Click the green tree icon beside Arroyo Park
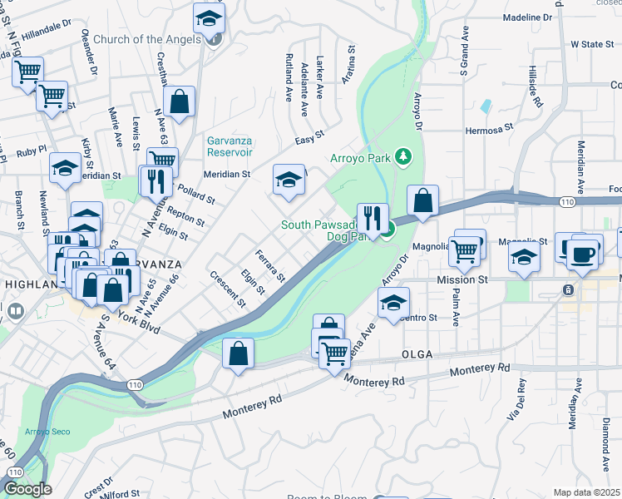coord(402,156)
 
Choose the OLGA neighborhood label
coord(417,354)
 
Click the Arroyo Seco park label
coord(47,431)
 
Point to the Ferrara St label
coord(270,265)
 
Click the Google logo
coord(27,489)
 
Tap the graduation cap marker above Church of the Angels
coord(210,17)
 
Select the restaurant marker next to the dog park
coord(373,219)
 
